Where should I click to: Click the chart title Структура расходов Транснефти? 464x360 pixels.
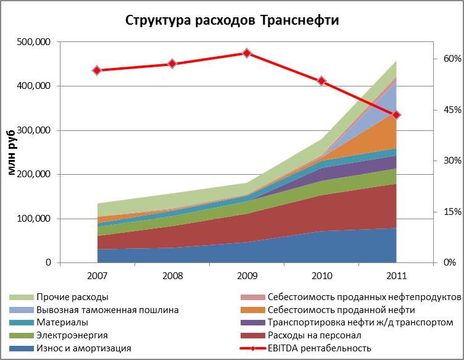pos(232,20)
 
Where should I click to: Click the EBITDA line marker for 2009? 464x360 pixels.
pos(247,53)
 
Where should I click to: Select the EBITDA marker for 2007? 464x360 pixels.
pos(97,70)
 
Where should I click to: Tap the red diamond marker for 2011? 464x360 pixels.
pos(397,115)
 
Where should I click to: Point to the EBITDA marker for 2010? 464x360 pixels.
pos(321,81)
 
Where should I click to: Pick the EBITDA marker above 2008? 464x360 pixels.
pos(172,64)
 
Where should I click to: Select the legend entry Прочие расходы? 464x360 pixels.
pos(73,298)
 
